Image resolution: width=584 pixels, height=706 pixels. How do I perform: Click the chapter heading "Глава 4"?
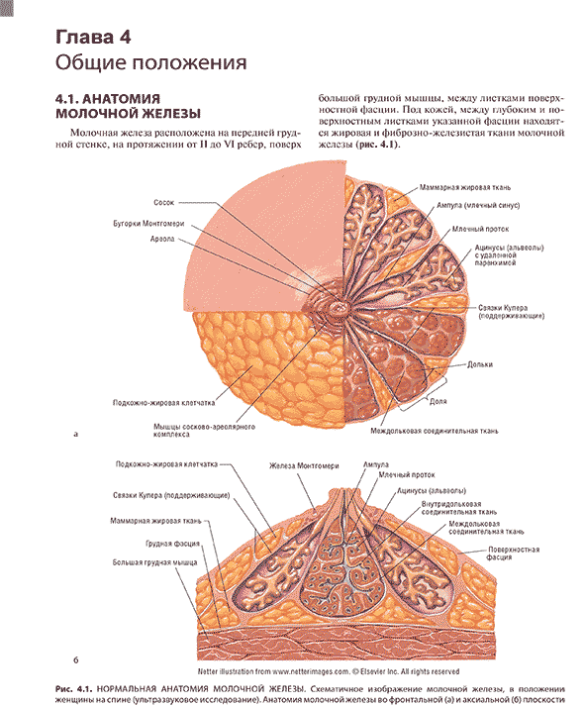(x=93, y=37)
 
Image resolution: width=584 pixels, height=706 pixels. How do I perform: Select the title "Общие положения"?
(x=151, y=62)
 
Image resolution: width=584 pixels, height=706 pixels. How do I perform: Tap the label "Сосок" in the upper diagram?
(x=163, y=203)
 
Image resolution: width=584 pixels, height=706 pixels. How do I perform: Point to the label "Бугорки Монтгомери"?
(x=148, y=224)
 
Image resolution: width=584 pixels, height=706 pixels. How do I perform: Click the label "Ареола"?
(x=162, y=239)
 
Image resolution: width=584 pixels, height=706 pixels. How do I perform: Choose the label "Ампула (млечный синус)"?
(x=478, y=205)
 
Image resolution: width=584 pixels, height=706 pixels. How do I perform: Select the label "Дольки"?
(x=480, y=364)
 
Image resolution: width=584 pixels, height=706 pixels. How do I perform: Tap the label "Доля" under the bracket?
(x=438, y=401)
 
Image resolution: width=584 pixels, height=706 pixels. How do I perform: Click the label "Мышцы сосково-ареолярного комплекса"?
(x=204, y=431)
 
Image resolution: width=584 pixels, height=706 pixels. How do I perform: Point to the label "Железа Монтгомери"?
(x=304, y=466)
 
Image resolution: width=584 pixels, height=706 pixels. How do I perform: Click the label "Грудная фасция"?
(x=173, y=544)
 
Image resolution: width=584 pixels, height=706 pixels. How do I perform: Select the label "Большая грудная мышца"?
(x=154, y=562)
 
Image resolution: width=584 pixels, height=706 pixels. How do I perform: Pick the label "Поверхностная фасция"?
(x=514, y=554)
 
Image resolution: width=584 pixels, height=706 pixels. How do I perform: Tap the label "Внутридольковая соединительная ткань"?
(x=459, y=508)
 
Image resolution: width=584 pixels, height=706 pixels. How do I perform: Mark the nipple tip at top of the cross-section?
(x=345, y=490)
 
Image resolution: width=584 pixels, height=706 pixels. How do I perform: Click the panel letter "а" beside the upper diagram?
(x=75, y=434)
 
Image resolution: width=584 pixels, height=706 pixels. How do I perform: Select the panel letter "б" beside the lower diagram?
(x=75, y=659)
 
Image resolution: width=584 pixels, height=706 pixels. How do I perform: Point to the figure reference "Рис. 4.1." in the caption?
(x=74, y=689)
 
